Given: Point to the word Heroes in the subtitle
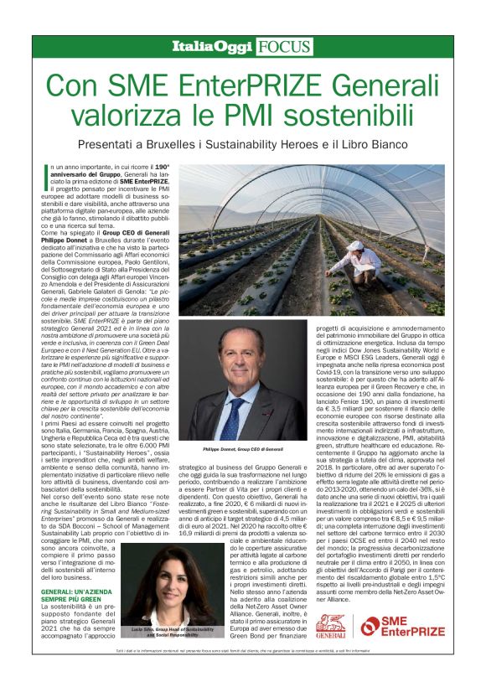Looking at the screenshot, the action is [339, 146].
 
